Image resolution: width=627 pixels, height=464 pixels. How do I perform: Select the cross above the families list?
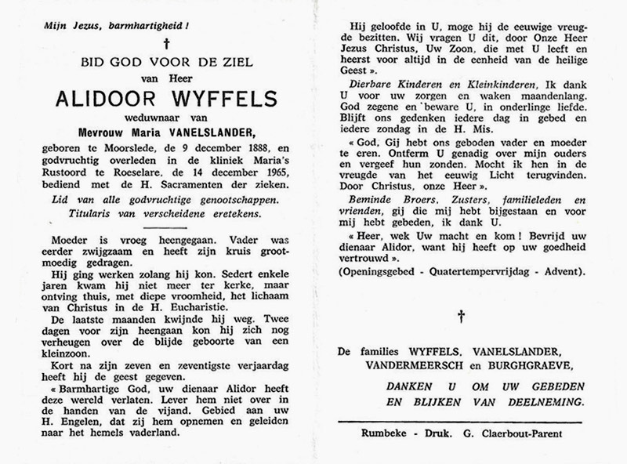click(x=462, y=317)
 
